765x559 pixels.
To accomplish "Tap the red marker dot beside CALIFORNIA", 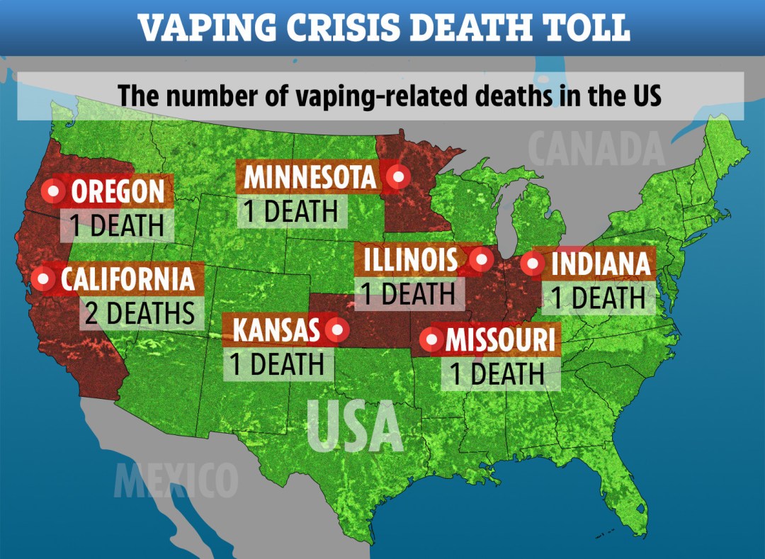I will [44, 279].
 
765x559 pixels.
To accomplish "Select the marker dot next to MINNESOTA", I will [397, 176].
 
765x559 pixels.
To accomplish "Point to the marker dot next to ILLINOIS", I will [482, 259].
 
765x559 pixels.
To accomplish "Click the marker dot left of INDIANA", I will [532, 264].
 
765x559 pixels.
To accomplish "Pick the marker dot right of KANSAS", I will [338, 329].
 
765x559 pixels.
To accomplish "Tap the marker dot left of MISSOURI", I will [431, 341].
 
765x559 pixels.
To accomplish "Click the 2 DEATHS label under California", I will [140, 312].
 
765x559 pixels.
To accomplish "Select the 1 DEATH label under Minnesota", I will [291, 210].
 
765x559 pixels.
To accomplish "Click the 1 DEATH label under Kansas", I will [276, 364].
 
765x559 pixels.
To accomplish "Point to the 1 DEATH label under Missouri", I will [498, 373].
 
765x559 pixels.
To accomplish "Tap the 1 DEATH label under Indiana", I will [599, 298].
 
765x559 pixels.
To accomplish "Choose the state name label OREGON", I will [118, 191].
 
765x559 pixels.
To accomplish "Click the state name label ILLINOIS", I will [411, 260].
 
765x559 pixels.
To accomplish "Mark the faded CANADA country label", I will [596, 149].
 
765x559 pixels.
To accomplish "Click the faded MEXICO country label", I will [176, 480].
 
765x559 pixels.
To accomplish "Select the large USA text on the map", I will [355, 426].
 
